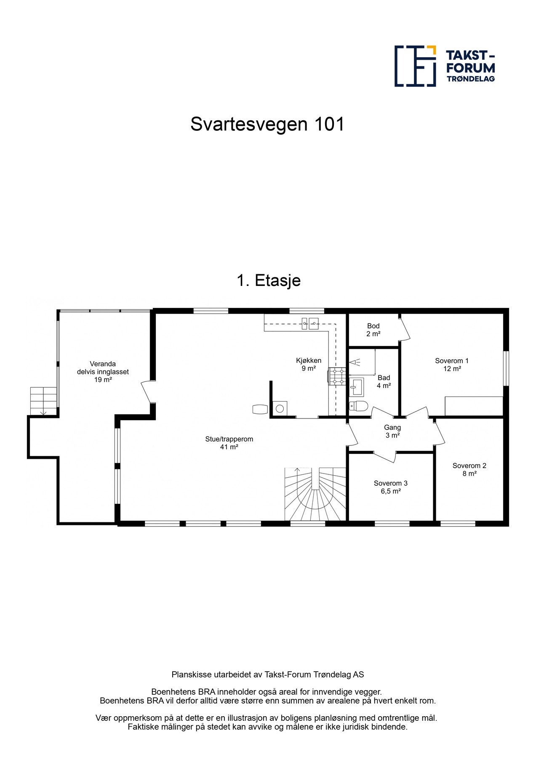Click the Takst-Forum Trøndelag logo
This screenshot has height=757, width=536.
[x=444, y=66]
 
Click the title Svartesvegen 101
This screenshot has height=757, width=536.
[x=267, y=124]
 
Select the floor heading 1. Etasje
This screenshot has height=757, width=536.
[x=269, y=281]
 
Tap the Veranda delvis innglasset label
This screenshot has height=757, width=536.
[x=103, y=372]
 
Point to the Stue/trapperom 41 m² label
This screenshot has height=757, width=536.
[x=229, y=443]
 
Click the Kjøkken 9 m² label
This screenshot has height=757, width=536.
[x=308, y=364]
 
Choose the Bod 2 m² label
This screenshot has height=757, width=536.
[x=373, y=330]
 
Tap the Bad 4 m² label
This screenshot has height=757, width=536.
[x=384, y=381]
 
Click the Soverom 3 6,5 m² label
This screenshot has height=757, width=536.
[x=390, y=487]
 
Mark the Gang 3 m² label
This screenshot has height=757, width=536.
[x=392, y=431]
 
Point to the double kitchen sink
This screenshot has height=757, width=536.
[x=310, y=323]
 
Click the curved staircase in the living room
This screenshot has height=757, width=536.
[x=315, y=496]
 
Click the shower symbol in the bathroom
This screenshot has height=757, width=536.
[x=355, y=362]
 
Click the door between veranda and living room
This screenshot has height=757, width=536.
[x=147, y=392]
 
